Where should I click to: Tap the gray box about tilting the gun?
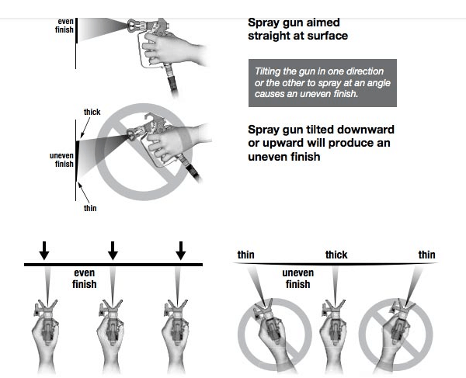322,82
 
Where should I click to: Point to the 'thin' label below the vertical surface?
89,209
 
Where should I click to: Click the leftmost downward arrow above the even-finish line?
44,249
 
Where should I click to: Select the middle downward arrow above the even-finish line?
113,249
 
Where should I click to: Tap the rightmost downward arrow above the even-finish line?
181,249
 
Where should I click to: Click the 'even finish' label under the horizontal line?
85,279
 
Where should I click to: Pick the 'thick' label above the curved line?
336,255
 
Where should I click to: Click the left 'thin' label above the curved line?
245,255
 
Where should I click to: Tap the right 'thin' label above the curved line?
426,255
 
